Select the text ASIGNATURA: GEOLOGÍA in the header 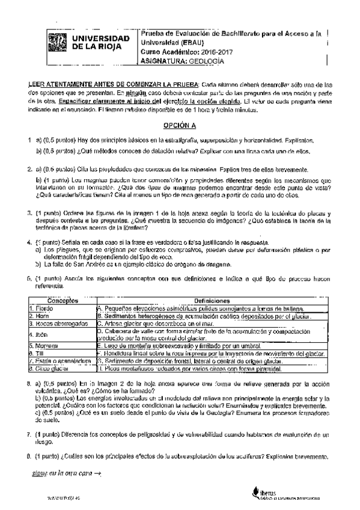click(181, 60)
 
